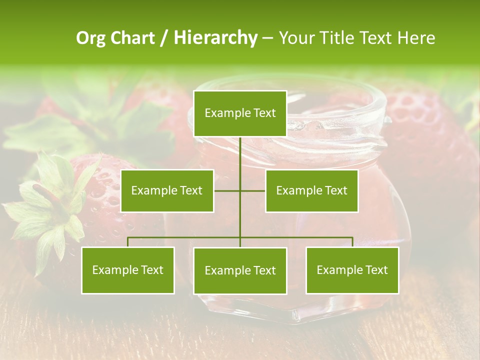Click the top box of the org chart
(x=240, y=113)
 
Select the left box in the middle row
(x=167, y=190)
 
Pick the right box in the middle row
(x=311, y=190)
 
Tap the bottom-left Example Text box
(x=128, y=270)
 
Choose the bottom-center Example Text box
(x=240, y=270)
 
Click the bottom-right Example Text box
(x=352, y=270)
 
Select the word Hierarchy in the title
(x=215, y=38)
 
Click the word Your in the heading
(x=295, y=38)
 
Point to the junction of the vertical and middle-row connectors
(x=240, y=190)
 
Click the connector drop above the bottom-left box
(x=128, y=242)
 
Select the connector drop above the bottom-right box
(x=352, y=242)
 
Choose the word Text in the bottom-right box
(x=375, y=270)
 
